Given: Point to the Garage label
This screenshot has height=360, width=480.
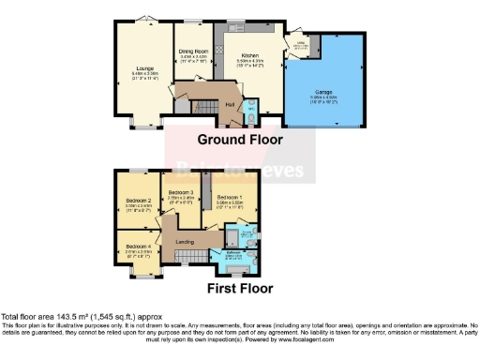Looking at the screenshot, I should pos(322,92).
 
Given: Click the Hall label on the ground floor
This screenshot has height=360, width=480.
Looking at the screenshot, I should pos(228,104).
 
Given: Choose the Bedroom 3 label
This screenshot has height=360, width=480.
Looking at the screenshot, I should pos(180,191).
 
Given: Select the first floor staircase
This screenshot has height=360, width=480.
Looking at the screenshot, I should pos(193,255).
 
